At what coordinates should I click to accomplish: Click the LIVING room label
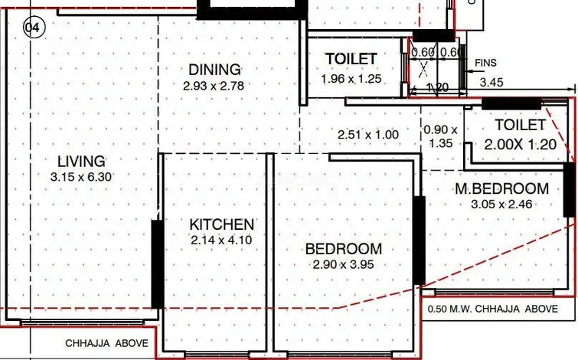(x=81, y=162)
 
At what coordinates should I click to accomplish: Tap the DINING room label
(x=214, y=70)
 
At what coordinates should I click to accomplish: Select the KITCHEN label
(x=221, y=224)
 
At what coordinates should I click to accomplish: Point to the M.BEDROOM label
(x=502, y=188)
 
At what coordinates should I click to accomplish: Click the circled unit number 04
(x=34, y=28)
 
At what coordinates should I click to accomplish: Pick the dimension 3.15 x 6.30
(x=81, y=177)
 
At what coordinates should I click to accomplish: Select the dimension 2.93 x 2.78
(x=214, y=86)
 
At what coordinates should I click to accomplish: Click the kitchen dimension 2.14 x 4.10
(x=221, y=240)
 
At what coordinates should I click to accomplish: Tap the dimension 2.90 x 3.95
(x=344, y=264)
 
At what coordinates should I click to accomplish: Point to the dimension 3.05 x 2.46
(x=501, y=204)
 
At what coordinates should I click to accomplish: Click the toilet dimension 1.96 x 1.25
(x=351, y=79)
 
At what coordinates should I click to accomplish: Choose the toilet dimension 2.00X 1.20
(x=520, y=144)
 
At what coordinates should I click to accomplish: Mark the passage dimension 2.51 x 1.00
(x=368, y=135)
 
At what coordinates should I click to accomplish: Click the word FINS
(x=485, y=63)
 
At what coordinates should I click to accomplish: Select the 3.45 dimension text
(x=491, y=82)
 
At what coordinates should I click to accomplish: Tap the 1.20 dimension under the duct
(x=437, y=88)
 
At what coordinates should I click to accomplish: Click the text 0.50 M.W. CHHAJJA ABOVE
(x=493, y=309)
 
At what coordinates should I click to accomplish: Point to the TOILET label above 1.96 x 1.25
(x=351, y=59)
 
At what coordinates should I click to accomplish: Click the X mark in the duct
(x=423, y=69)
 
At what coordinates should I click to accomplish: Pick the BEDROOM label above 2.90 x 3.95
(x=344, y=249)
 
